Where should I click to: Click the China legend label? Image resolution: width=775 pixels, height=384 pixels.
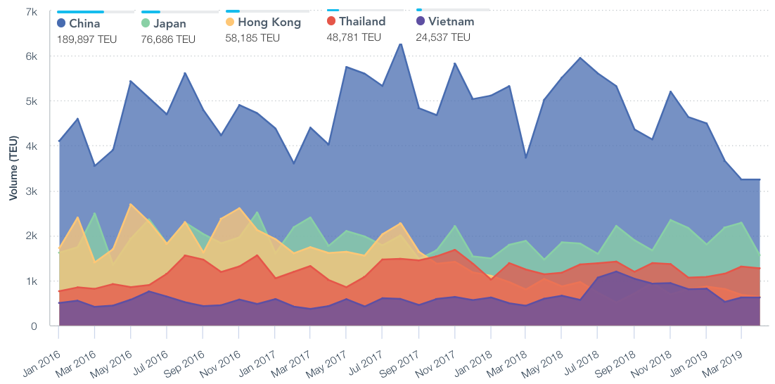(84, 24)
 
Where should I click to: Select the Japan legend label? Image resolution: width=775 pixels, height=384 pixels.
(169, 24)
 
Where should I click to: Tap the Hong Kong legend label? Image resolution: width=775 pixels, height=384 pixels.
(269, 23)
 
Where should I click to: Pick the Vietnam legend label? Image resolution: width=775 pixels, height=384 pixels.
(451, 22)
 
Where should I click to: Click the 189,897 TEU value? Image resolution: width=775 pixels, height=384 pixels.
(87, 39)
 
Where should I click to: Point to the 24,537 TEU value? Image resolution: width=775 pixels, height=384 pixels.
(443, 37)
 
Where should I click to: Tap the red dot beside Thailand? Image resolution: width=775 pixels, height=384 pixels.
(332, 21)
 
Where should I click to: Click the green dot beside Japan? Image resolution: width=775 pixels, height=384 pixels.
(146, 23)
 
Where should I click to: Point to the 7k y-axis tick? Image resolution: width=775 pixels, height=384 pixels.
(31, 12)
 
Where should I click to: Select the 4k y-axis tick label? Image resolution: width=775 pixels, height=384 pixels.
(31, 146)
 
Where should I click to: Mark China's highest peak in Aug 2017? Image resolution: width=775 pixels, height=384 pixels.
(401, 44)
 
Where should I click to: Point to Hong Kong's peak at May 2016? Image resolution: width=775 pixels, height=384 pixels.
(131, 204)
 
